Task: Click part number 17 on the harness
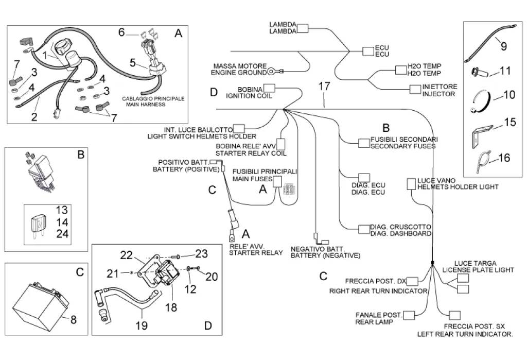[x=323, y=87]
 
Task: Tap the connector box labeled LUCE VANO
[x=412, y=183]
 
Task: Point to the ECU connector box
[x=367, y=50]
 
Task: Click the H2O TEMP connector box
[x=400, y=70]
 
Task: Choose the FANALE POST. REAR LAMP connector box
[x=409, y=315]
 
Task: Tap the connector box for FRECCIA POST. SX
[x=454, y=315]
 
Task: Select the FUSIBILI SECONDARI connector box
[x=364, y=142]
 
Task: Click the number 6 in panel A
[x=121, y=32]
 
